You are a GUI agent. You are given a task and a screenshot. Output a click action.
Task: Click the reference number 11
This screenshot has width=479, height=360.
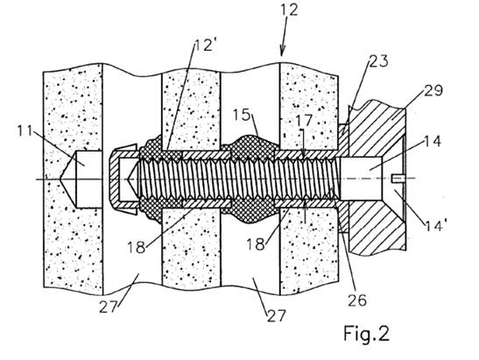(x=25, y=131)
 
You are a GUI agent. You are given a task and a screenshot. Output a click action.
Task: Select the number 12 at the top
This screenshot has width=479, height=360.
(x=289, y=10)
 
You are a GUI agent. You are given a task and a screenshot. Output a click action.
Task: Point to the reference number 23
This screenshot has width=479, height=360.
(x=379, y=61)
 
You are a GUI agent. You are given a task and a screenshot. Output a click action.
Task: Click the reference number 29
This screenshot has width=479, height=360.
(x=433, y=91)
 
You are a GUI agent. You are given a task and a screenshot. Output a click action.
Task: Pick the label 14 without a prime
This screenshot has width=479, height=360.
(x=433, y=141)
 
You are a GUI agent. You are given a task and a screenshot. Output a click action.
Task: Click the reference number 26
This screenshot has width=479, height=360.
(x=357, y=300)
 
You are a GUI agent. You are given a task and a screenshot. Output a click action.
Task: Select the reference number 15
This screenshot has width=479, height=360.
(x=242, y=116)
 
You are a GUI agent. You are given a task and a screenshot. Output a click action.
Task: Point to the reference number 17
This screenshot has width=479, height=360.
(x=304, y=120)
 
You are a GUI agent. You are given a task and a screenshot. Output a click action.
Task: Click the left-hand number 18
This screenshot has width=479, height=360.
(x=137, y=247)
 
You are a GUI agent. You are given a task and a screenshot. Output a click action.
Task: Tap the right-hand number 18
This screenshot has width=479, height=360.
(x=256, y=244)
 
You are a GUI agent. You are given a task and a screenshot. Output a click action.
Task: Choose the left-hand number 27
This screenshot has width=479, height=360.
(x=109, y=307)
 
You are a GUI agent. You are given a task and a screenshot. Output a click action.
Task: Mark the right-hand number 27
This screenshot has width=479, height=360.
(x=277, y=316)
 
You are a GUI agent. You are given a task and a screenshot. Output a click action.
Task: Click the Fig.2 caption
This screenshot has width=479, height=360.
(x=367, y=334)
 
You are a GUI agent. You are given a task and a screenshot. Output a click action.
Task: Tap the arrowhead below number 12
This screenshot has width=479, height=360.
(x=282, y=51)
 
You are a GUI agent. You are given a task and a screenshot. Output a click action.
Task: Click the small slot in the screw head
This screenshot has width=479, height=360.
(x=398, y=179)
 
